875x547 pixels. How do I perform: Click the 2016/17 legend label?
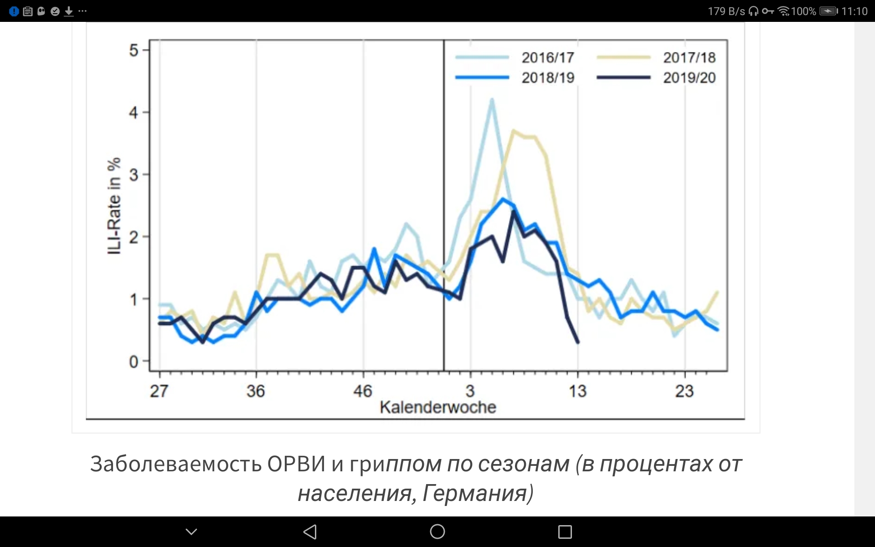[x=547, y=58]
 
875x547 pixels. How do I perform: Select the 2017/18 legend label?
[x=689, y=58]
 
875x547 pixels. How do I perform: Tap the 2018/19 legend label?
[x=547, y=78]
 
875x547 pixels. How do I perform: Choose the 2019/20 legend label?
[x=689, y=78]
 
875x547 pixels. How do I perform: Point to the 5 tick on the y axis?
[x=134, y=50]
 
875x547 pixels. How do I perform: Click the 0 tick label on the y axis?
[x=134, y=362]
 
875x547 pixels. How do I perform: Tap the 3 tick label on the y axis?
[x=134, y=175]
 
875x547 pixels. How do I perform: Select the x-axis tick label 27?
[x=159, y=391]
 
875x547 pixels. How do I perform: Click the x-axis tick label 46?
[x=363, y=391]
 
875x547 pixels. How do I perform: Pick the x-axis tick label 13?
[x=577, y=391]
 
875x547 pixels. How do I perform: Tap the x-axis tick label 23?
[x=684, y=391]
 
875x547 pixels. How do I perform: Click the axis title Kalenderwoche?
[x=437, y=407]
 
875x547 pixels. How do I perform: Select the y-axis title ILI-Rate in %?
[x=114, y=206]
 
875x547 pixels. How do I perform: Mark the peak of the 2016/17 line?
[x=492, y=99]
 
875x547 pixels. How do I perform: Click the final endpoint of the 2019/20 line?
[x=578, y=342]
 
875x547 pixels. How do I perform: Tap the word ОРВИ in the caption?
[x=296, y=464]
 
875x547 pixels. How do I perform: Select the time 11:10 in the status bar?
[x=854, y=11]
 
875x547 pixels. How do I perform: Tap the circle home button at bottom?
[x=437, y=532]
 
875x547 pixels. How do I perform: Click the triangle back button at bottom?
[x=310, y=532]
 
